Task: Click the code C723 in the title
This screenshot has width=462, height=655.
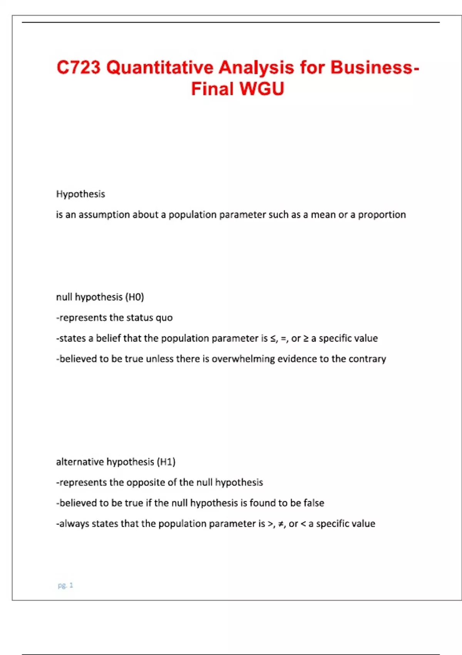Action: (79, 67)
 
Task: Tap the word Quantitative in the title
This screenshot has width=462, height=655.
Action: (160, 67)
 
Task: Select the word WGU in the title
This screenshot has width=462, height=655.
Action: (262, 89)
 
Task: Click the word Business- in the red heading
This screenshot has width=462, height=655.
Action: (375, 67)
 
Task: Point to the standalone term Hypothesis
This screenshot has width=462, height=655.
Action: (80, 194)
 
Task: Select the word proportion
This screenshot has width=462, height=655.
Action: (382, 215)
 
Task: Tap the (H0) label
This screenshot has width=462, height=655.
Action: (135, 297)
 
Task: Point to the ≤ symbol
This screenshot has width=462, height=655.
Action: (273, 338)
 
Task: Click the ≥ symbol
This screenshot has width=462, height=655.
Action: (306, 338)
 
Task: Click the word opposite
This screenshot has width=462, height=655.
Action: (146, 482)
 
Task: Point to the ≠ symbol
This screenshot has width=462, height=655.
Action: (281, 524)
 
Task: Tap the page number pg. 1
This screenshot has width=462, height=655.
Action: (65, 585)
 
